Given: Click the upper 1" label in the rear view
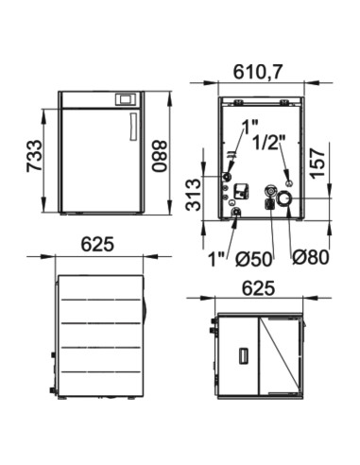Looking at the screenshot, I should point(249,124).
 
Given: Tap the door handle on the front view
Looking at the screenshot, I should point(132,126).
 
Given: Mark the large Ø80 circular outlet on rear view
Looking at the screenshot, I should point(284,200).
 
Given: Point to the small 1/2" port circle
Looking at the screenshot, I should point(288,182).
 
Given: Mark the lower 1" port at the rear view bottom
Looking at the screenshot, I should point(235,214).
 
